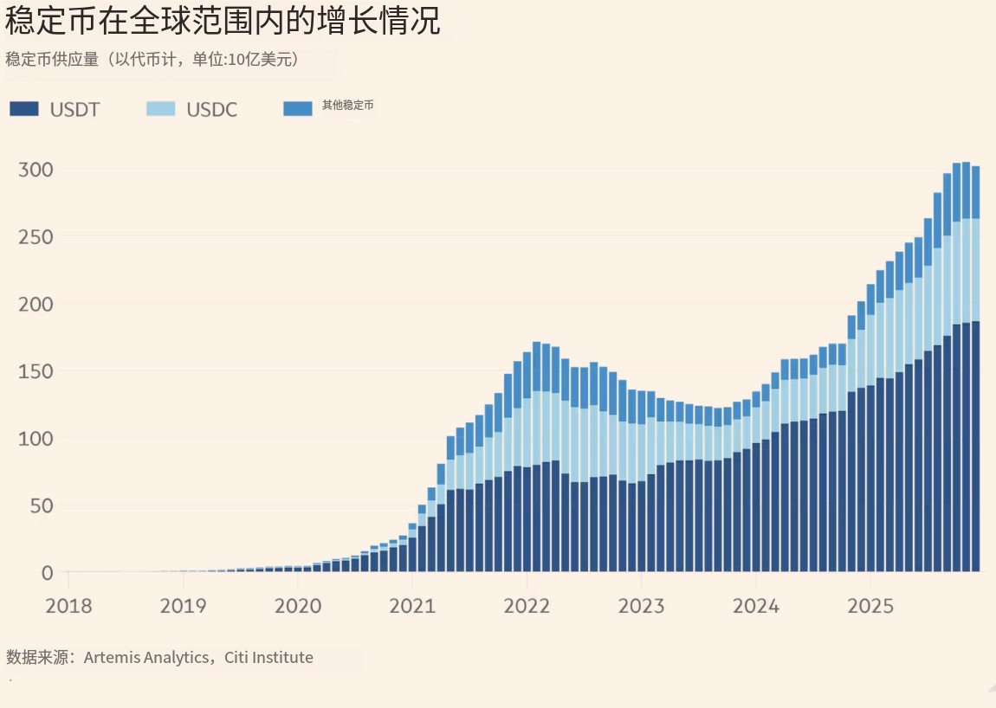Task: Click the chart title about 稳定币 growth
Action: (223, 21)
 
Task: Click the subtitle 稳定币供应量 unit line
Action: (152, 60)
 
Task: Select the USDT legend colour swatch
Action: (24, 109)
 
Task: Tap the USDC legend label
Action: (211, 109)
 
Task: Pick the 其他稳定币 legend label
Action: (347, 106)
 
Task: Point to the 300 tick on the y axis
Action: (36, 169)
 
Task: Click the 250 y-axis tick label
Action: (36, 236)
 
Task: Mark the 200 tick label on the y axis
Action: (36, 304)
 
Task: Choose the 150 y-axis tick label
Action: (36, 370)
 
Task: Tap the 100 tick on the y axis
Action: (36, 438)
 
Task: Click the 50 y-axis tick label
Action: (41, 505)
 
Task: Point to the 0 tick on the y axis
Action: (47, 572)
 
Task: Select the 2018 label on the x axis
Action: (68, 605)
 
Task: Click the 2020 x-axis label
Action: (297, 605)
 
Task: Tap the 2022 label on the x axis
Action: (527, 605)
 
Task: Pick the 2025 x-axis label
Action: (870, 605)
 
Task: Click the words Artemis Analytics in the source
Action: (146, 658)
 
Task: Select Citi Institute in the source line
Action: (268, 658)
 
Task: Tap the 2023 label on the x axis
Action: (641, 605)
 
